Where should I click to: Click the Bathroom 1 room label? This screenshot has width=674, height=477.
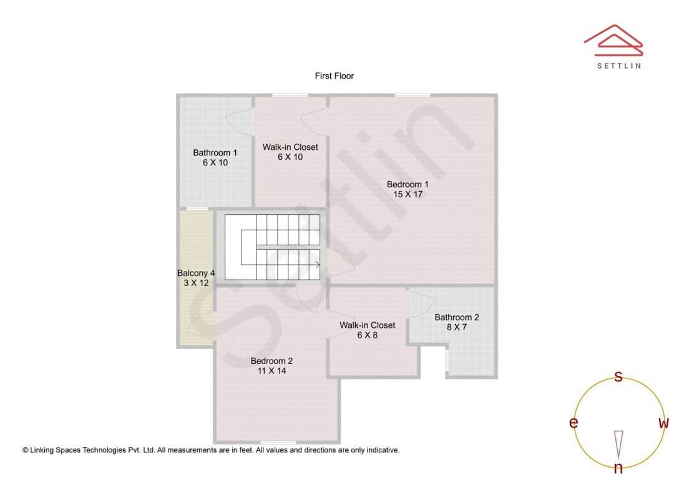click(215, 152)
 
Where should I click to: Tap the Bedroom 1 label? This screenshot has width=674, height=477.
click(408, 184)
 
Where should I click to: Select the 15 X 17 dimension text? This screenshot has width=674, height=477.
click(408, 194)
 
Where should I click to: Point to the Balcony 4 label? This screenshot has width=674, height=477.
click(196, 273)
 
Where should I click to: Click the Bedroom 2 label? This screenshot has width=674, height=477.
click(271, 360)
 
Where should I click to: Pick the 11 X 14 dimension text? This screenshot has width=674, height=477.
click(271, 370)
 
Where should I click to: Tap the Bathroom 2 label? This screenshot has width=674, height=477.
click(457, 317)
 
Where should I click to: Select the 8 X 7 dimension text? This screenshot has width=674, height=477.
click(457, 327)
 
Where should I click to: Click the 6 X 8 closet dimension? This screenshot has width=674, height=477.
click(367, 335)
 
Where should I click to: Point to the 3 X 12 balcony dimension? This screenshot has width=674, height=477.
click(196, 283)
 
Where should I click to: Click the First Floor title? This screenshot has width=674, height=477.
click(334, 76)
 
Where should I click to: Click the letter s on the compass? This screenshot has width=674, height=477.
click(618, 376)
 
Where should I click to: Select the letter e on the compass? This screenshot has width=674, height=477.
click(573, 423)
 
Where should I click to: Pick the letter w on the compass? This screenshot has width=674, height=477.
click(663, 423)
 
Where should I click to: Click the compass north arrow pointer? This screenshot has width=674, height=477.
click(618, 444)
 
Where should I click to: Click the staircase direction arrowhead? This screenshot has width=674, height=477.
click(318, 265)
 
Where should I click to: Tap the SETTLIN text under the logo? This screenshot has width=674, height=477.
click(618, 66)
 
